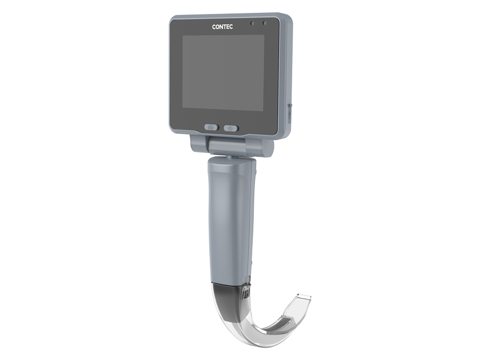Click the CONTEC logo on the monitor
click(222, 27)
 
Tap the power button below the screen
click(231, 128)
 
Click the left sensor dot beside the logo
click(252, 23)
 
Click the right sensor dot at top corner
click(265, 23)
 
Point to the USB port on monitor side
click(290, 114)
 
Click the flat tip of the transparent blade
click(303, 296)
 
